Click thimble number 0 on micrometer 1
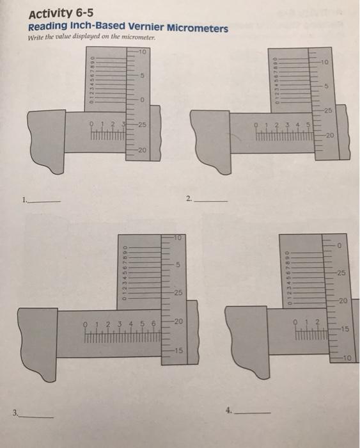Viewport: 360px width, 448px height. click(x=144, y=100)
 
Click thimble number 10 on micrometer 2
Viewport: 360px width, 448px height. click(x=325, y=63)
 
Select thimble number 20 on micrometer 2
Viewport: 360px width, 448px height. click(x=329, y=135)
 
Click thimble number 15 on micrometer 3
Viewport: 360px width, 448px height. click(x=179, y=351)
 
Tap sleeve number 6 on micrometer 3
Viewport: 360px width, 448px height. click(x=153, y=323)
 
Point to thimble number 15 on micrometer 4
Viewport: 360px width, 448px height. click(x=345, y=329)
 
